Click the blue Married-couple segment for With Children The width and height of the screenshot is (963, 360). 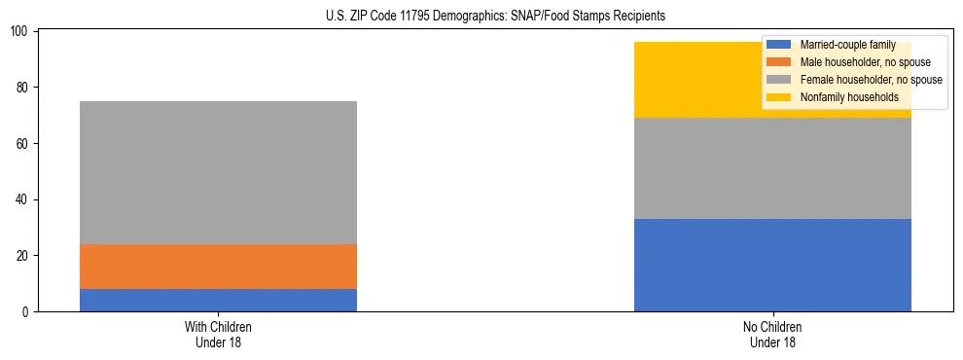[x=218, y=300]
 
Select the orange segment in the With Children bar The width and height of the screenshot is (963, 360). [x=218, y=267]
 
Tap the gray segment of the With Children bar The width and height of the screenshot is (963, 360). [x=218, y=172]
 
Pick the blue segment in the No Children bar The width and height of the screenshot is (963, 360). [x=772, y=265]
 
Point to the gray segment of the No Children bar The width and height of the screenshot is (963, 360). [x=772, y=168]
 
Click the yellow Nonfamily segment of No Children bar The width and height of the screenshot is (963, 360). [x=700, y=80]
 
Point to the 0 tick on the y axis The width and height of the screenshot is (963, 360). [x=26, y=312]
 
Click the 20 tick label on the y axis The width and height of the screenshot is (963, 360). [x=23, y=256]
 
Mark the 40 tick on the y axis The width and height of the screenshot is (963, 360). [x=23, y=199]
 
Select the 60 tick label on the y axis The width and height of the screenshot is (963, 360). [x=23, y=144]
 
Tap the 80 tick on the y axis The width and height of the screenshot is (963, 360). [x=23, y=88]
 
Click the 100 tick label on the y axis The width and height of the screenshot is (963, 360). [x=20, y=32]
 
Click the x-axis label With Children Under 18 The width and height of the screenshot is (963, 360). [x=218, y=334]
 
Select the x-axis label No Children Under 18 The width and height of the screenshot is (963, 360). [x=772, y=334]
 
